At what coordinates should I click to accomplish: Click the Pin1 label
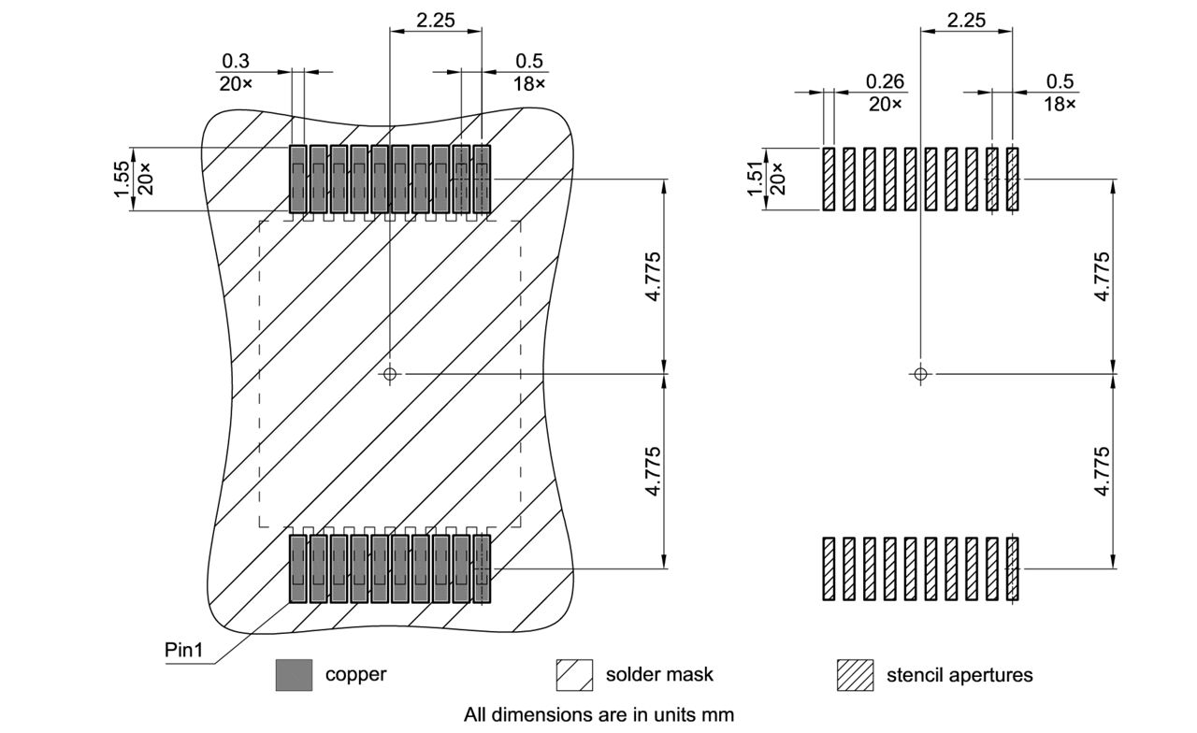point(183,649)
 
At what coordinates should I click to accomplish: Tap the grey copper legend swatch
point(294,675)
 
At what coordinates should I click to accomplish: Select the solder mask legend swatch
point(574,675)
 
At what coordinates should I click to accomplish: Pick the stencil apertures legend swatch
point(855,675)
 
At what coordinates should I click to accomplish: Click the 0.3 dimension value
point(236,62)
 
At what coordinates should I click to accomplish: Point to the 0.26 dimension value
point(885,82)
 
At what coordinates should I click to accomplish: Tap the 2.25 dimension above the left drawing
point(436,20)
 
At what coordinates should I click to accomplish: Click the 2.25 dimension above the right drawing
point(966,20)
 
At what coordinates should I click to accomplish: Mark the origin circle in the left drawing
point(390,374)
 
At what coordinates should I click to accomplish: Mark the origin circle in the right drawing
point(920,374)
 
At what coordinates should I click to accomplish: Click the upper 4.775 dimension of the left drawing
point(653,276)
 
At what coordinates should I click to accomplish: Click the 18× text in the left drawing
point(528,83)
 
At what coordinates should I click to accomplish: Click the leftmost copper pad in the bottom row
point(297,568)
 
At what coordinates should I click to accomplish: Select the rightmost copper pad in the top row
point(482,178)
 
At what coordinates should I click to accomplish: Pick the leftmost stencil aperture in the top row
point(829,178)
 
